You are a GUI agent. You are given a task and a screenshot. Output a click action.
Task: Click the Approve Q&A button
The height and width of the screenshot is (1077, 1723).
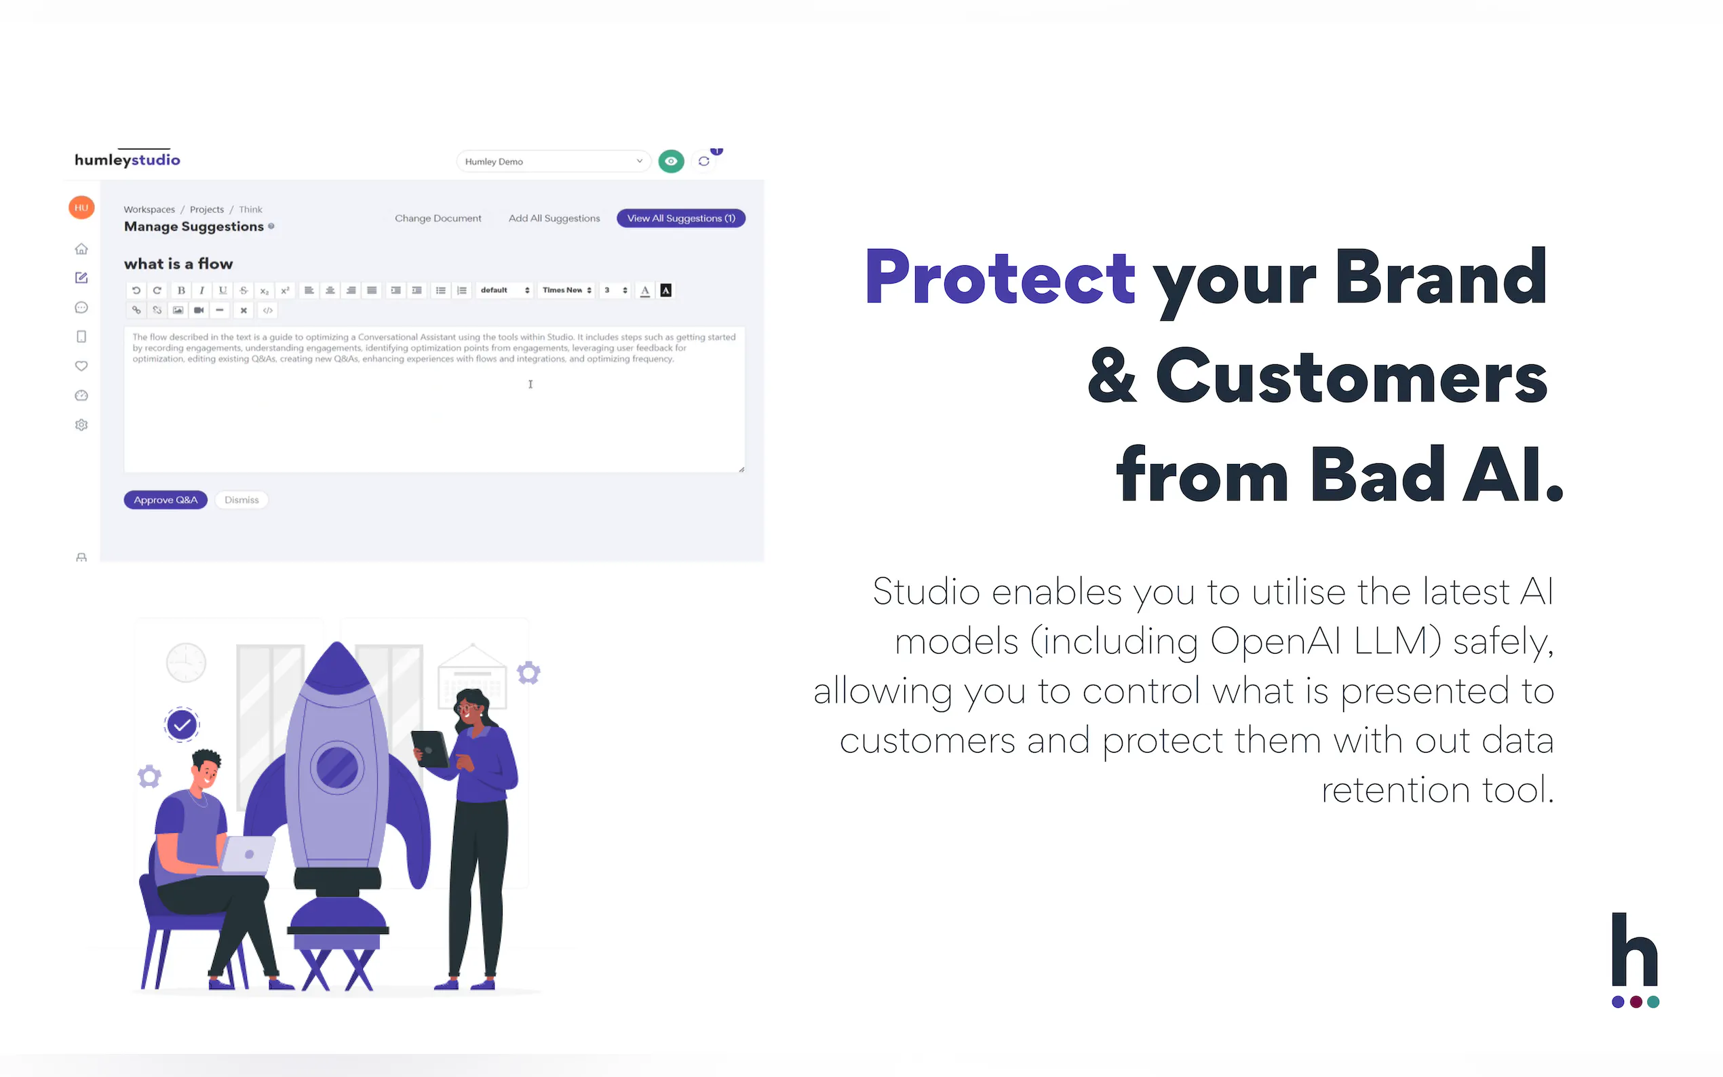click(166, 500)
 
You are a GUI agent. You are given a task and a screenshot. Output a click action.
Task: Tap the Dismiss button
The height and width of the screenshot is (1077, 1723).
click(241, 500)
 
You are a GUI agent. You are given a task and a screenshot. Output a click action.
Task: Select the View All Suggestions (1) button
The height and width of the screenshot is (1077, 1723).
click(681, 218)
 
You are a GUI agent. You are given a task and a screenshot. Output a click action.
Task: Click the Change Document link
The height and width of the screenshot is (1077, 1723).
click(438, 218)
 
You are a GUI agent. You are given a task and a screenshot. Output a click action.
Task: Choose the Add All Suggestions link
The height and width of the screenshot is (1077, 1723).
click(554, 218)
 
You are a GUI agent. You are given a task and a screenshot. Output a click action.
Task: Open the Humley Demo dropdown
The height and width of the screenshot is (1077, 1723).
click(554, 161)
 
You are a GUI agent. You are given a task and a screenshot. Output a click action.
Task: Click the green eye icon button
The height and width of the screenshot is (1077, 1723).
click(671, 161)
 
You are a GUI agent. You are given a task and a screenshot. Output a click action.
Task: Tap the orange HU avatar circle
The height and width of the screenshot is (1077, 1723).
click(81, 208)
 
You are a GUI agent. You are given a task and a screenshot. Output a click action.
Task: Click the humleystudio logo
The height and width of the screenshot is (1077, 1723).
click(128, 158)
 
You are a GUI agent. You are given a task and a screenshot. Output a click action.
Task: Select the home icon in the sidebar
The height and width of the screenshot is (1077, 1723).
click(81, 249)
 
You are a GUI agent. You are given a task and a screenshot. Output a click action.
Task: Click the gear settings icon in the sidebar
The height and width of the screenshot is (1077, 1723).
click(81, 425)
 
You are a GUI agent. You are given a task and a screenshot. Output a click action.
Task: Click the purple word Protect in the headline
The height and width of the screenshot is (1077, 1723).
click(1000, 277)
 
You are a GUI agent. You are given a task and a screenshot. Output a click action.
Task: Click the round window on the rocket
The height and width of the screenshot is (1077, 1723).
click(337, 767)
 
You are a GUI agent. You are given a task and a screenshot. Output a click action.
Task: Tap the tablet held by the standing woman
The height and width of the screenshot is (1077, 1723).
click(429, 749)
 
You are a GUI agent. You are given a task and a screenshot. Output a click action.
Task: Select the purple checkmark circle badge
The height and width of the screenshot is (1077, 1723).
click(182, 725)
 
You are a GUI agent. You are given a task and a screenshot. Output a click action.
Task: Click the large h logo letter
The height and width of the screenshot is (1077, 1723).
click(1635, 949)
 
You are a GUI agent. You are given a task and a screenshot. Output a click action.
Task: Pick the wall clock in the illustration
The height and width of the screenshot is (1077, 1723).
click(186, 663)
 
